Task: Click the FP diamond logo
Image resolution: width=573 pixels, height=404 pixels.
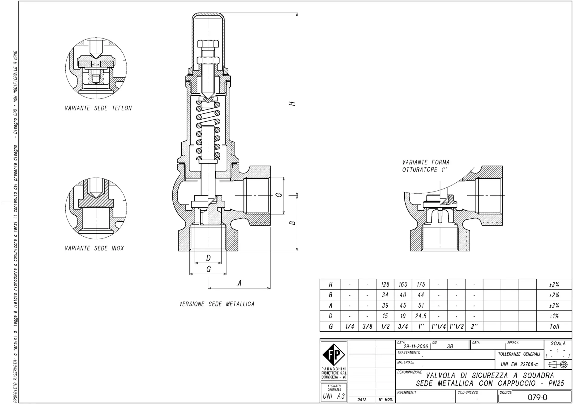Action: [x=334, y=354]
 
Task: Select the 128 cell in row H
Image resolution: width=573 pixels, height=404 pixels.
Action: [x=385, y=285]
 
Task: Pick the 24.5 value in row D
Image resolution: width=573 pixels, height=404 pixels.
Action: [x=421, y=316]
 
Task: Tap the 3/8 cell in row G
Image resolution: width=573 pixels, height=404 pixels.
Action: [x=367, y=326]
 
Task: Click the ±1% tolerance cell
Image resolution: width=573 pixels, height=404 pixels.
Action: [x=554, y=316]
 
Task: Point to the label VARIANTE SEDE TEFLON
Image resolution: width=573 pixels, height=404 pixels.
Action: [x=98, y=108]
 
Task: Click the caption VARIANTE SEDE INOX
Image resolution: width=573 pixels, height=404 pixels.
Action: [x=94, y=248]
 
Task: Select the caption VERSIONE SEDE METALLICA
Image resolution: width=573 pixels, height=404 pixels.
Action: [x=217, y=304]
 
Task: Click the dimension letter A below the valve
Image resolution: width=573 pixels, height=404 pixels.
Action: [x=239, y=283]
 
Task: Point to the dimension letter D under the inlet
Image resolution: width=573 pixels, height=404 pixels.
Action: [x=208, y=258]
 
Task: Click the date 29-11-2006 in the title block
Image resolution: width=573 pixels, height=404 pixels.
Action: [x=416, y=346]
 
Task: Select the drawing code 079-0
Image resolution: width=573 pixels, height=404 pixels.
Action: [x=537, y=397]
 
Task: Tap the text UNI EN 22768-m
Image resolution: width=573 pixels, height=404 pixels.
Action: [x=520, y=364]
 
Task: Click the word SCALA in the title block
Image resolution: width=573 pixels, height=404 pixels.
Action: [x=558, y=343]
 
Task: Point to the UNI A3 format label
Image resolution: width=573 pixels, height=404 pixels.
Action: [x=334, y=396]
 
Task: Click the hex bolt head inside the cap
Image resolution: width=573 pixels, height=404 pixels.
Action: [x=208, y=44]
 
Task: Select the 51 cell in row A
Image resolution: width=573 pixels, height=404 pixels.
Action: [x=421, y=306]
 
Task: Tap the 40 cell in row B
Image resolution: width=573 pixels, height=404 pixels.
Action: [x=403, y=295]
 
